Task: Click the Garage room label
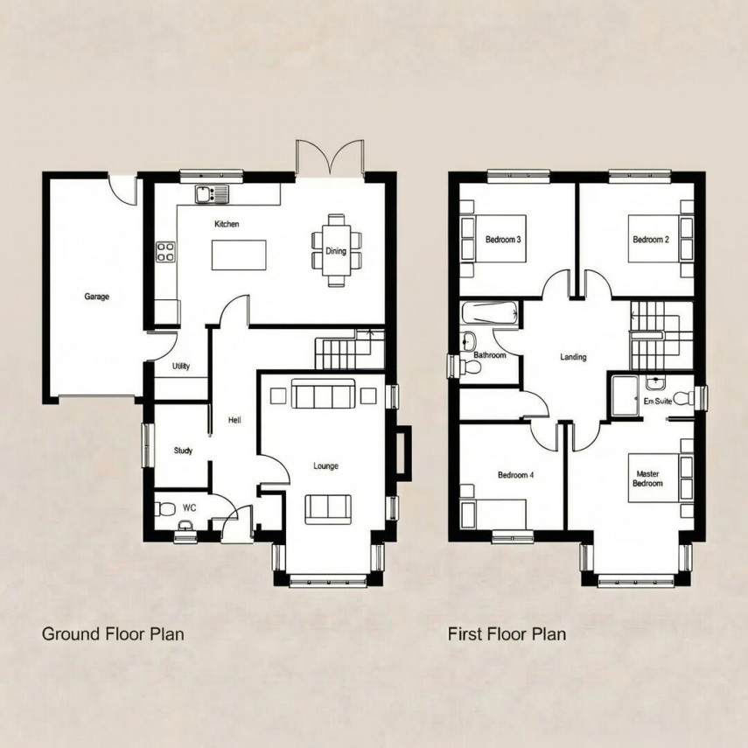coord(96,297)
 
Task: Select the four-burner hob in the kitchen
coord(165,252)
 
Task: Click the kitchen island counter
coord(239,255)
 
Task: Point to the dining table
coord(335,250)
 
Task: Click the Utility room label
coord(181,367)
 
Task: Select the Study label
coord(183,451)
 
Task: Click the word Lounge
coord(326,466)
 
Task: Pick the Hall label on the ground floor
coord(234,421)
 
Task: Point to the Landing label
coord(573,357)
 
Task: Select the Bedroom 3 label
coord(503,240)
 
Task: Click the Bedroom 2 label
coord(651,240)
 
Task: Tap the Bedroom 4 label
coord(514,476)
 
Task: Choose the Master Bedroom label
coord(648,479)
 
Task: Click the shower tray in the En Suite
coord(626,397)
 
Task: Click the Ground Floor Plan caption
coord(113,633)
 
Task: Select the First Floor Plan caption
coord(507,633)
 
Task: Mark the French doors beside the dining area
coord(330,158)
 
